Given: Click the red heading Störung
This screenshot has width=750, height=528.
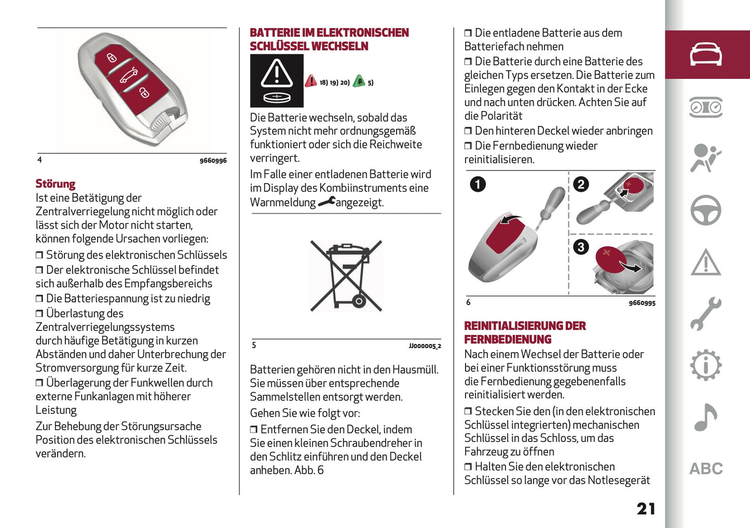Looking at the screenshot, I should [x=56, y=184].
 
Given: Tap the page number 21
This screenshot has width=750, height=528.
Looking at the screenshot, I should [x=646, y=509].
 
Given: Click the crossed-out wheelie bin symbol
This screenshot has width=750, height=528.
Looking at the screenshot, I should [x=346, y=275].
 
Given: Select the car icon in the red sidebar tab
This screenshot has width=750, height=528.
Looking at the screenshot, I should [x=705, y=54].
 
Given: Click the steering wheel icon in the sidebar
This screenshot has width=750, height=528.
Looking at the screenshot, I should [x=705, y=210].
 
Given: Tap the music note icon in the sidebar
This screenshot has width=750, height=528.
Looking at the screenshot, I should [x=705, y=418].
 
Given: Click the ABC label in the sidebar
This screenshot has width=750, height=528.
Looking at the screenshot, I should [x=705, y=469].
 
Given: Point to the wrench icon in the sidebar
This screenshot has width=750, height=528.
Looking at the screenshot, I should [x=705, y=313].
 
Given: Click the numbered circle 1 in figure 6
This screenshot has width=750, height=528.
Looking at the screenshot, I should [x=478, y=184].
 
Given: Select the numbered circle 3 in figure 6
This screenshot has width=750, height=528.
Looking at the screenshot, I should [x=581, y=247].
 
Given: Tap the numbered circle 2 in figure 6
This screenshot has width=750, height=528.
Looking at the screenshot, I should [x=581, y=184].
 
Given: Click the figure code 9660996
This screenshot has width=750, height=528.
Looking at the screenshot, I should [x=213, y=161].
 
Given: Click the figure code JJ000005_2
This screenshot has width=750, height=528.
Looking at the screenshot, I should [x=424, y=346].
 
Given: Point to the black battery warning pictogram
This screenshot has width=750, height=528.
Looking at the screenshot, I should [x=277, y=81].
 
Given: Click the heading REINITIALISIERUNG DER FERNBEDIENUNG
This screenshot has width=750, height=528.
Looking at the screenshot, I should [x=524, y=332].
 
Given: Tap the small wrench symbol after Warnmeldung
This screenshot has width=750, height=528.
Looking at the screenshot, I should [x=326, y=202].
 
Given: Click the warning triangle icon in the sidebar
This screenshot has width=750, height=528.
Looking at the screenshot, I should [x=705, y=262].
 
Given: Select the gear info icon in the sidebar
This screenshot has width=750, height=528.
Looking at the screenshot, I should [x=705, y=366].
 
